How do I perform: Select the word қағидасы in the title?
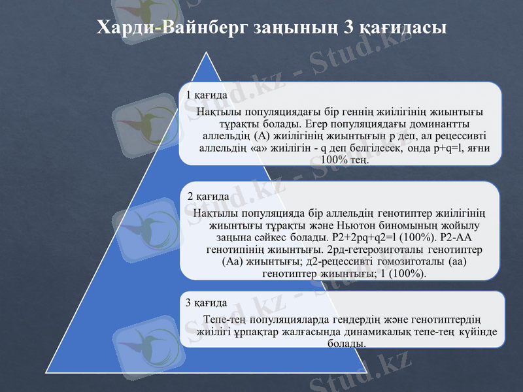tap(403, 27)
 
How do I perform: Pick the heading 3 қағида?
tap(207, 303)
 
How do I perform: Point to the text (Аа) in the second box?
tap(233, 261)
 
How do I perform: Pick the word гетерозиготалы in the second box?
tap(394, 250)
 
